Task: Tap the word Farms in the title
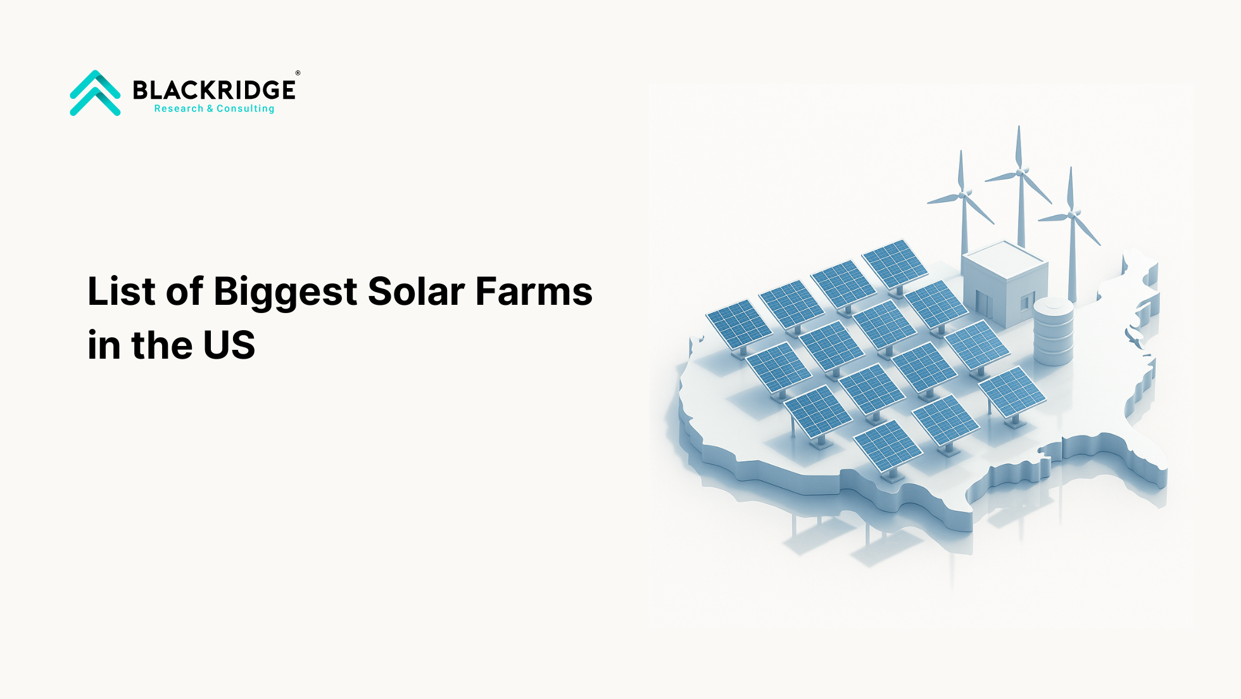pos(534,292)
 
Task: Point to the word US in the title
pos(229,345)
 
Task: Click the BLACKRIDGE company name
pos(214,90)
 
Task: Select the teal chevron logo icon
pos(95,93)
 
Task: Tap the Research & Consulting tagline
pos(214,108)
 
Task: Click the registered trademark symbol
pos(298,73)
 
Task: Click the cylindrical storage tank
pos(1053,331)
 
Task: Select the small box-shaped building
pos(1004,283)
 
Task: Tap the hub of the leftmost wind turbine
pos(962,195)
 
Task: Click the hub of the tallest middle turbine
pos(1019,172)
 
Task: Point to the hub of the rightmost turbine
pos(1071,214)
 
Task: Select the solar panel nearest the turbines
pos(895,264)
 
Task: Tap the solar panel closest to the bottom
pos(888,447)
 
